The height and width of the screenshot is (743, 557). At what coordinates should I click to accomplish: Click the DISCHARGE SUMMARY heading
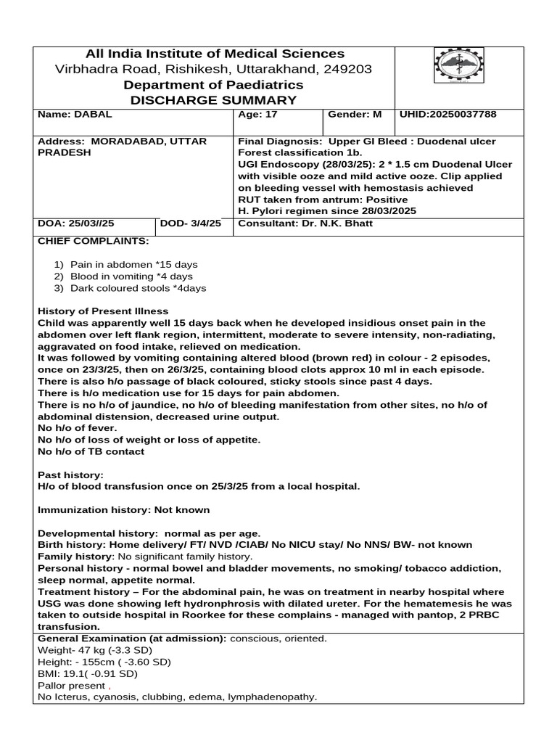pos(214,100)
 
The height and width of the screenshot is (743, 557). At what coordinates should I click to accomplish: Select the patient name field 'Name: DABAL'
pos(75,115)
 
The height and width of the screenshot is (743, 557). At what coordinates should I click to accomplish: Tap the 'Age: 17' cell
pos(257,115)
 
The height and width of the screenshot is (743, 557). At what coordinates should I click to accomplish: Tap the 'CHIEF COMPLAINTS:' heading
pos(93,240)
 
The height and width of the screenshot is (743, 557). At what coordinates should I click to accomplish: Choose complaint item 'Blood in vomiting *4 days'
pos(131,276)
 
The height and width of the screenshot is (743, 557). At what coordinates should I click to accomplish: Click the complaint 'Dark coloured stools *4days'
pos(138,288)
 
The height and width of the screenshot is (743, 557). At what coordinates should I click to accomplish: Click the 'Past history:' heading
pos(70,474)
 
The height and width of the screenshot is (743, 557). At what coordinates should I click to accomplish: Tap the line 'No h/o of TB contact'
pos(91,451)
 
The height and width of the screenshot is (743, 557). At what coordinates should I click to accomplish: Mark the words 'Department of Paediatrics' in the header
pos(214,85)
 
